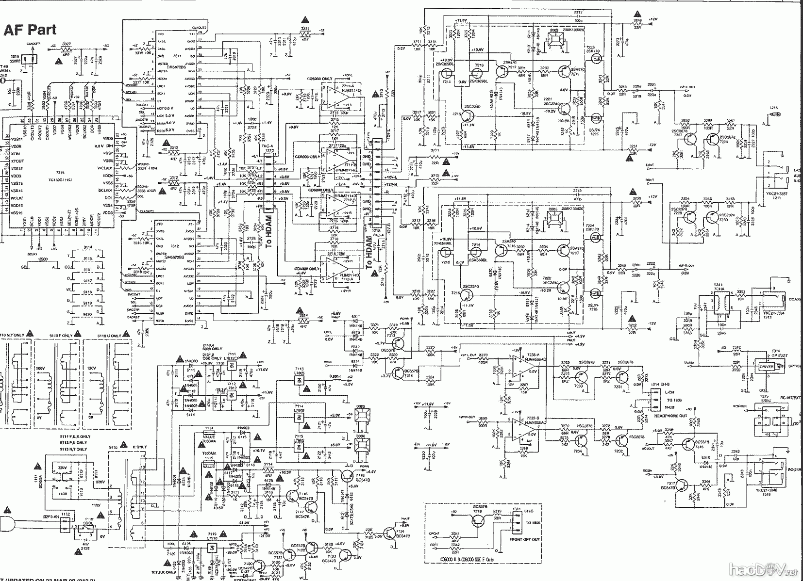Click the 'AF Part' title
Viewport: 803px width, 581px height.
(x=30, y=30)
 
